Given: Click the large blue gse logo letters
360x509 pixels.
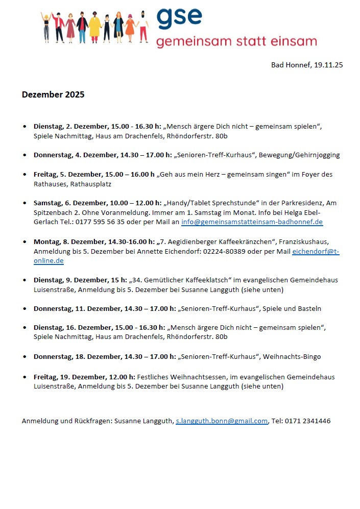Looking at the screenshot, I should tap(179, 18).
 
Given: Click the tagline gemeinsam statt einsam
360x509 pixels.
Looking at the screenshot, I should tap(236, 41).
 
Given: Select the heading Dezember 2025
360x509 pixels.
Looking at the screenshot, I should tap(53, 94).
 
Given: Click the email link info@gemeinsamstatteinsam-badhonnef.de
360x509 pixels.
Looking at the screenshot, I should tap(252, 222).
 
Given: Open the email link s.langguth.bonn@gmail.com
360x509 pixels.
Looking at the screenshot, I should tap(222, 421).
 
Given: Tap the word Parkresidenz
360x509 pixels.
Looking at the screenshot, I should tap(296, 203).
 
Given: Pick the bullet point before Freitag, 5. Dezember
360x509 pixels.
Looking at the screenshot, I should tap(25, 175).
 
